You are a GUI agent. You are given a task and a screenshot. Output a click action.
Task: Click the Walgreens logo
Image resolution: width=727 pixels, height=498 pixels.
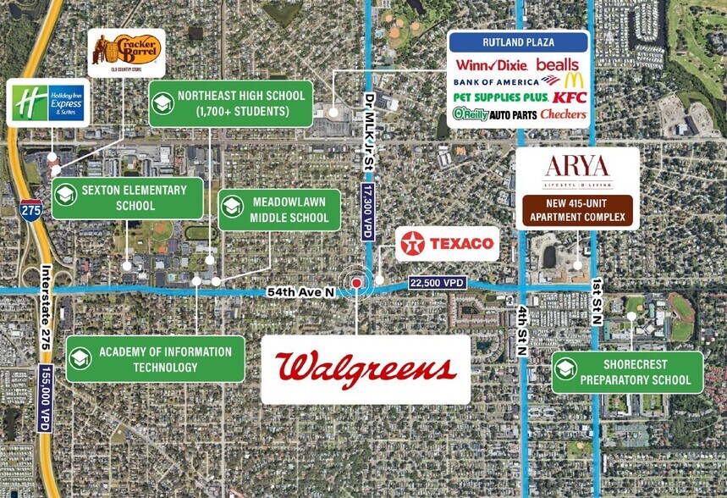point(366,368)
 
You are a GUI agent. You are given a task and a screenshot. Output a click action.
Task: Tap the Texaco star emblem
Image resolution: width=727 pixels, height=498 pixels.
point(414,244)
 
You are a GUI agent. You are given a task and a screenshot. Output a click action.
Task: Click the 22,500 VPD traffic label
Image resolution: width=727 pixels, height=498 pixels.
point(437,283)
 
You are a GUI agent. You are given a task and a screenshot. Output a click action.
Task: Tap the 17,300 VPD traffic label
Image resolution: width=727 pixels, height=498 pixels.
point(366,211)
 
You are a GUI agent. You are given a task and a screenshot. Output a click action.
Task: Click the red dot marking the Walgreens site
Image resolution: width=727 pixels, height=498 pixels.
point(357,283)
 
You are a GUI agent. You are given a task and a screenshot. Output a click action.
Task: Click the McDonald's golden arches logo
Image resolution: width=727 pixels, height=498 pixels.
point(573,80)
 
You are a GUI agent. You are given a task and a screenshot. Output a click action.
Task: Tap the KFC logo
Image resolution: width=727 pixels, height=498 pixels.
point(570,97)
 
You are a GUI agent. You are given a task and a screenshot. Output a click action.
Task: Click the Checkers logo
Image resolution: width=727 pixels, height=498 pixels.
point(563,113)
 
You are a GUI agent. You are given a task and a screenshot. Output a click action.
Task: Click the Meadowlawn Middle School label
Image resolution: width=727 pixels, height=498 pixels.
point(278,210)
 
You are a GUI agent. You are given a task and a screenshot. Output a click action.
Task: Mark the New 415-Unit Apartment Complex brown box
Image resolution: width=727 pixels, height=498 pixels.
point(576,211)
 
